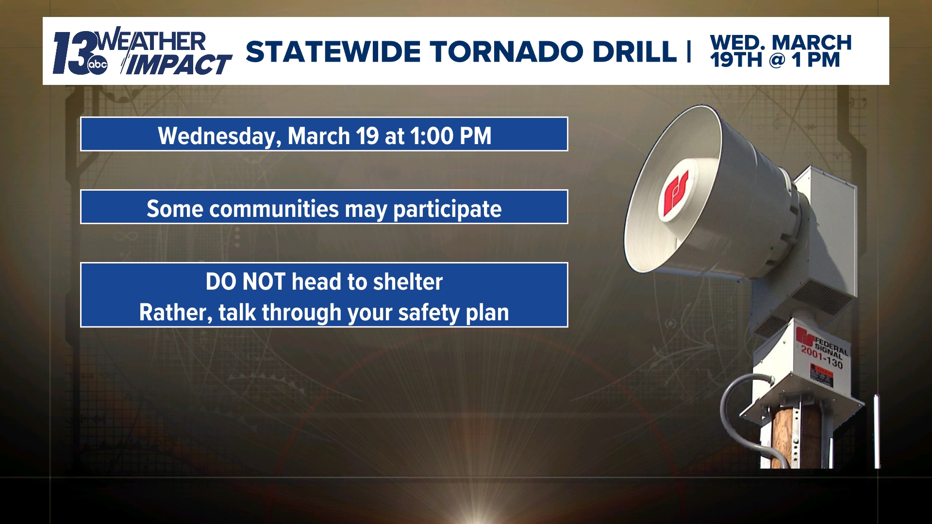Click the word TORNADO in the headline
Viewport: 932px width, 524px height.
tap(506, 52)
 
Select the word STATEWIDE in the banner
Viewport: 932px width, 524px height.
tap(333, 52)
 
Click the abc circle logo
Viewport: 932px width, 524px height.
tap(97, 65)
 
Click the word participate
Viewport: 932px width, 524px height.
tap(447, 209)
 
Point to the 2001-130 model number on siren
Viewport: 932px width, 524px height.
tap(822, 357)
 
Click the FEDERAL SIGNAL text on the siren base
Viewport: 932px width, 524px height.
tap(831, 345)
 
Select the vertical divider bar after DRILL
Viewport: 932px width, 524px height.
tap(689, 52)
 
